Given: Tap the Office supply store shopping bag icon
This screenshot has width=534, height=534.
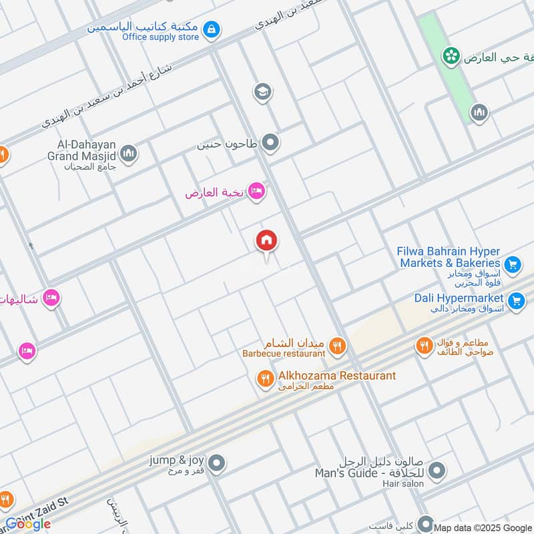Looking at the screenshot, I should point(212,29).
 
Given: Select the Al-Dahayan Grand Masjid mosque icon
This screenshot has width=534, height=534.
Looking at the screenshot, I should point(129,154).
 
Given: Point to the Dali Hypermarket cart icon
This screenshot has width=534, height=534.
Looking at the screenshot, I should point(516,301).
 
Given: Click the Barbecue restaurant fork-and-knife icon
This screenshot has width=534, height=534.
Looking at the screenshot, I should point(338,345).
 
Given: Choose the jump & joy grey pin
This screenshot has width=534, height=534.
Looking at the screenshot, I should point(216,462).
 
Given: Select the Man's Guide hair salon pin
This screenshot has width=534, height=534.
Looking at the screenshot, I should point(437,472).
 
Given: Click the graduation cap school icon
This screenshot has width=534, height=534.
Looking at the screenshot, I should point(262,91).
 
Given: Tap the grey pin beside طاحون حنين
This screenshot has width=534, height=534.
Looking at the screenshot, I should point(270,142).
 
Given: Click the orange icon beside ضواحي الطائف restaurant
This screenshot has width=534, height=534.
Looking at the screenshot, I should point(424,346).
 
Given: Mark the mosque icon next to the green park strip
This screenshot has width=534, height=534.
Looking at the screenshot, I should point(479,113).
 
